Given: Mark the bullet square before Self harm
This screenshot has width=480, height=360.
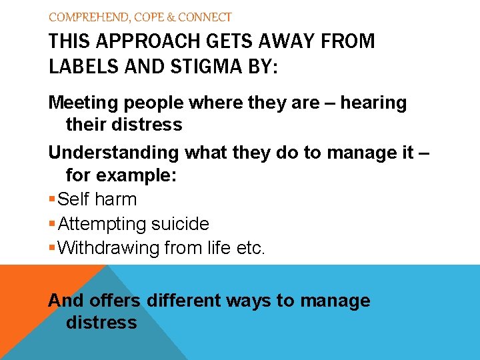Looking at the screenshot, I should (x=52, y=200).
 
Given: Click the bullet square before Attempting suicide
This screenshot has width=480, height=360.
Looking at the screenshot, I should (x=52, y=225).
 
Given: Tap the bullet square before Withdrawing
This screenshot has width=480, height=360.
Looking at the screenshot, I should (x=52, y=249).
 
